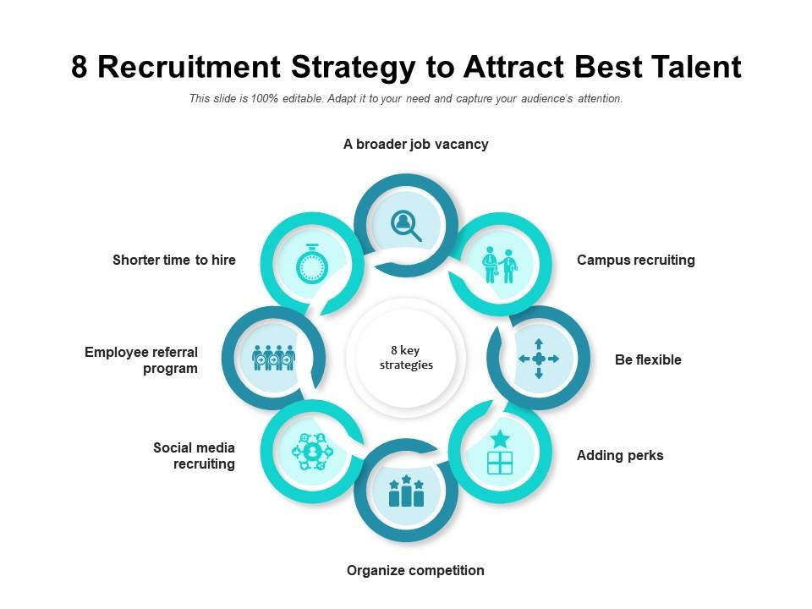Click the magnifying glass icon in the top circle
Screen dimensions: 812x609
click(406, 225)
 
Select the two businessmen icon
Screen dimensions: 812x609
click(499, 265)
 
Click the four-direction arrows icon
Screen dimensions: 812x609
click(539, 359)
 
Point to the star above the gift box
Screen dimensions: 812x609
click(500, 438)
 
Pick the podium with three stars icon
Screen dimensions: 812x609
click(406, 491)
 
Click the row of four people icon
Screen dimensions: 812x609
click(274, 358)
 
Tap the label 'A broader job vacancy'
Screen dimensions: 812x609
click(415, 145)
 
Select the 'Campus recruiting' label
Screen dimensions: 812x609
click(635, 261)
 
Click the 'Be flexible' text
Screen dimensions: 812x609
click(648, 360)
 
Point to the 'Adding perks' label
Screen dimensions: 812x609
click(620, 456)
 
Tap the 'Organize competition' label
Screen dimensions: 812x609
click(415, 571)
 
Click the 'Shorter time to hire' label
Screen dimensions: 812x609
click(174, 261)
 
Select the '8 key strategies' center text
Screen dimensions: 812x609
click(406, 358)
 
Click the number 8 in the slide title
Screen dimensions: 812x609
click(80, 67)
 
